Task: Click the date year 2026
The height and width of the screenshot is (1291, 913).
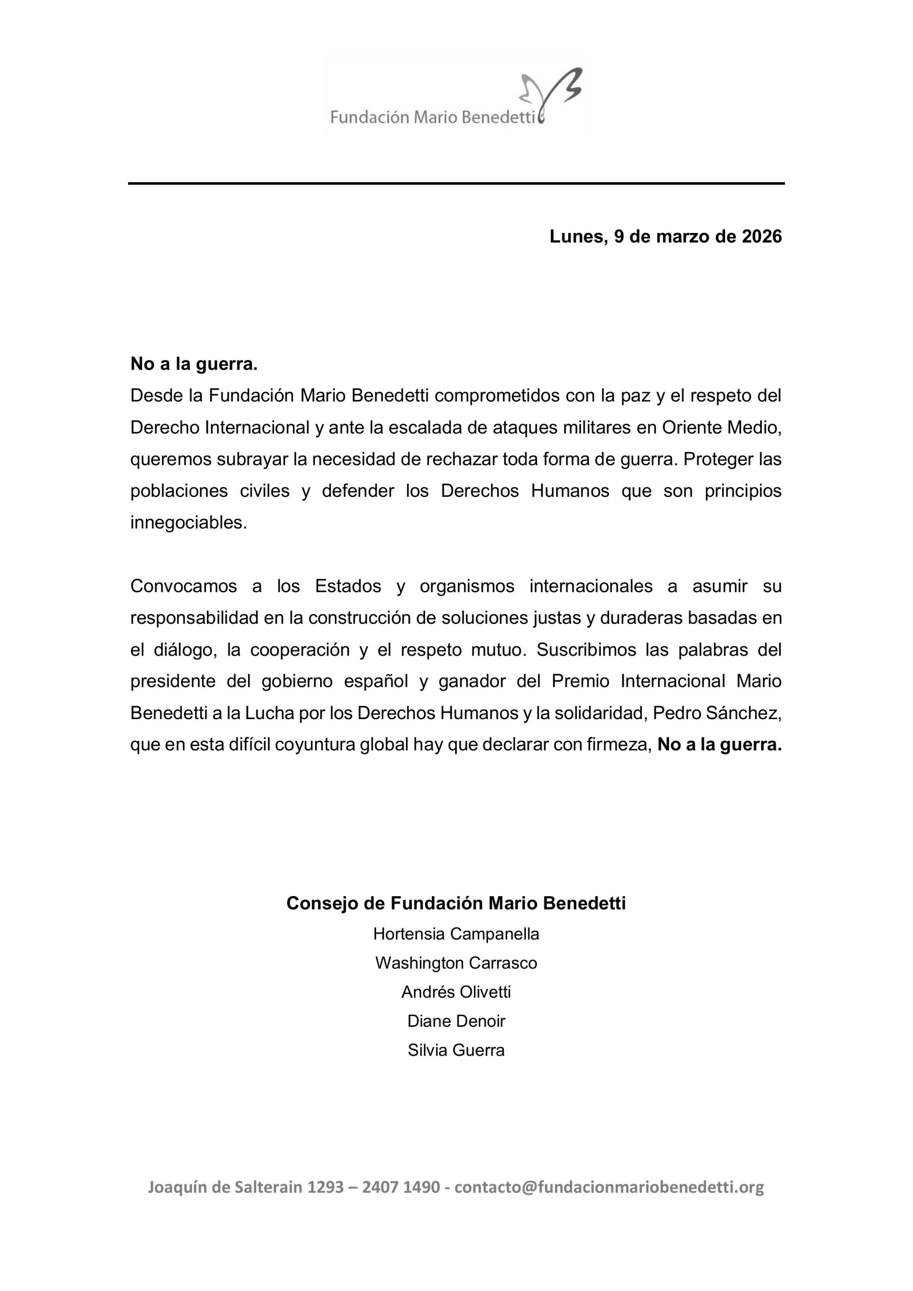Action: (x=762, y=237)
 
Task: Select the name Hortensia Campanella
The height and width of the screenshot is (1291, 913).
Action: (x=456, y=934)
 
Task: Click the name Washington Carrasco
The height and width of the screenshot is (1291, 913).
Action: (x=456, y=963)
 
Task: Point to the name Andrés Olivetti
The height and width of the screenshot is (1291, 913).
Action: (x=456, y=992)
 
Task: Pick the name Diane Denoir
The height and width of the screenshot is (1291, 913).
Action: (x=456, y=1021)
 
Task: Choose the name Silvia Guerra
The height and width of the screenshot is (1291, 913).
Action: (x=456, y=1050)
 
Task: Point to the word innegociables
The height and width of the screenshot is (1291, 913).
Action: (x=189, y=523)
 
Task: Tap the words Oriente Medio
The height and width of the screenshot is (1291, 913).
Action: (x=722, y=428)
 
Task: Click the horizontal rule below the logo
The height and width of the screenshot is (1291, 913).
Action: (x=456, y=183)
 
